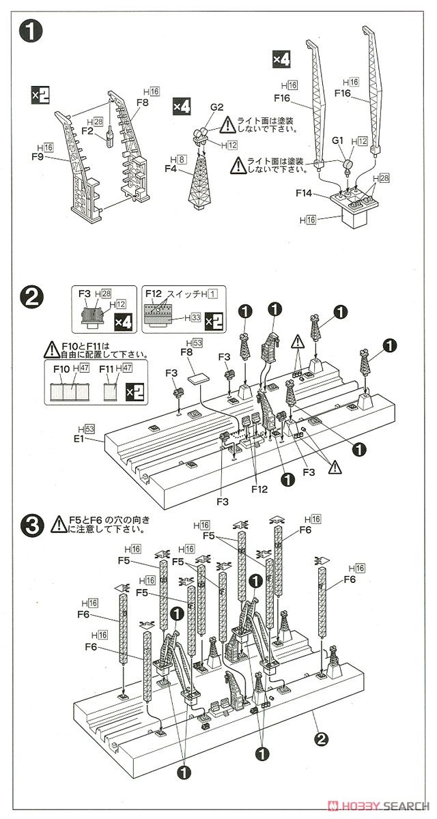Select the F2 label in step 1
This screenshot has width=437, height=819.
point(87,130)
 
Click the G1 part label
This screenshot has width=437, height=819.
point(337,140)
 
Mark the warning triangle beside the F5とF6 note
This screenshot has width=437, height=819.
point(56,524)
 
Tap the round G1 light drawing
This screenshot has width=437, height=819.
point(346,164)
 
